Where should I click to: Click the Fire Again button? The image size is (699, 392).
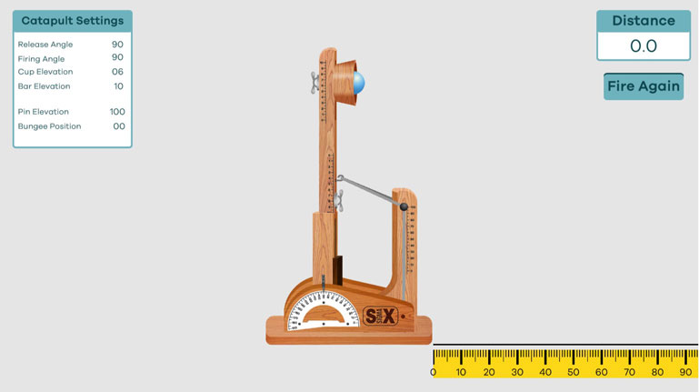644,86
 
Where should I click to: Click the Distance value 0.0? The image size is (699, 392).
644,46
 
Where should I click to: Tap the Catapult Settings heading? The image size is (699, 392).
73,21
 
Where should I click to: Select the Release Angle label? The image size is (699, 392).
45,45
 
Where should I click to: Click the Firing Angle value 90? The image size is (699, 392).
117,58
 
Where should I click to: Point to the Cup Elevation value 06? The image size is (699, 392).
117,72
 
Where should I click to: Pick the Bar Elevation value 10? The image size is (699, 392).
118,86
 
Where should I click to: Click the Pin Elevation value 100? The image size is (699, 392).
117,112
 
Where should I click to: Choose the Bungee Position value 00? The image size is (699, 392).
119,126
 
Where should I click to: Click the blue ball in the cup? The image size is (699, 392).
359,83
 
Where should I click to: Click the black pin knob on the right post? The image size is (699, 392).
404,207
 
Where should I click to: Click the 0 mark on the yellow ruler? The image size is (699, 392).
433,372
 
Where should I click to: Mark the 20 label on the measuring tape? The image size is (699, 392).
489,372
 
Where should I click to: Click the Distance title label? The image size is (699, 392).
644,21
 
